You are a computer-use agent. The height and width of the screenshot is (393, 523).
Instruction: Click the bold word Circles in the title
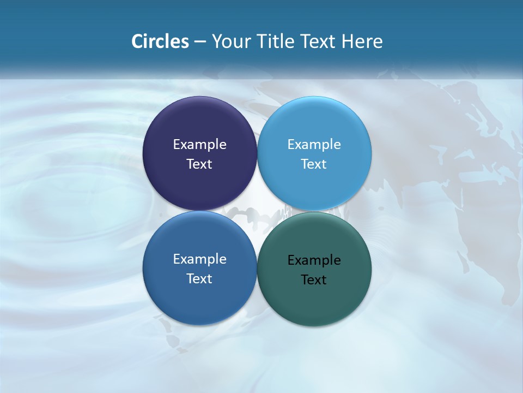coord(160,41)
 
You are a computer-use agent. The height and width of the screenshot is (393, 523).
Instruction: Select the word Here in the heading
coord(362,41)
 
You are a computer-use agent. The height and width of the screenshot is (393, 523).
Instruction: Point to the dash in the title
coord(200,42)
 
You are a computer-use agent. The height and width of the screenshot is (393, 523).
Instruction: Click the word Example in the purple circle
coord(199,144)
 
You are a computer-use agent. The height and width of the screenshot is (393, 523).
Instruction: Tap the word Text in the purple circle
coord(199,164)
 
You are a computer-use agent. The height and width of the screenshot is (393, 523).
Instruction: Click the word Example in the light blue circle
coord(314,144)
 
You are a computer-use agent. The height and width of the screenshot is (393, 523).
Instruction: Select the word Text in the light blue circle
coord(314,164)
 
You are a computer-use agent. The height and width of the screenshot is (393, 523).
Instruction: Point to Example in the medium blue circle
coord(199,259)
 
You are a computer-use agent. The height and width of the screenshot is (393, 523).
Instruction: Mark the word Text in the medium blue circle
coord(199,278)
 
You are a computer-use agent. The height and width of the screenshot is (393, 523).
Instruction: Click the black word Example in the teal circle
coord(314,260)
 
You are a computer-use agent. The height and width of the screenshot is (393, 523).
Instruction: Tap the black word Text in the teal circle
coord(314,279)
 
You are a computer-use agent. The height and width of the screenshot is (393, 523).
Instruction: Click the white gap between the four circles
coord(257,211)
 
